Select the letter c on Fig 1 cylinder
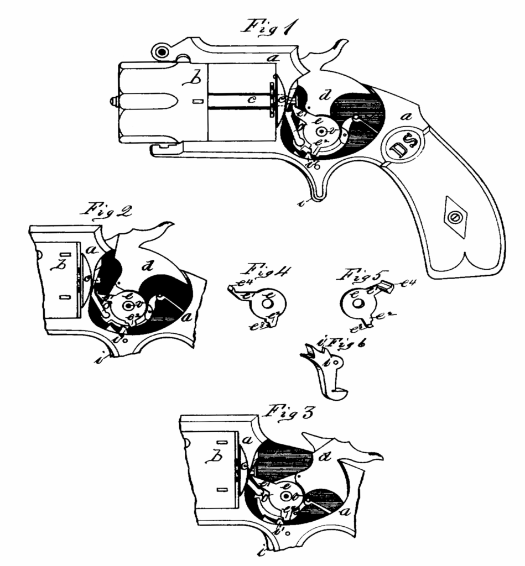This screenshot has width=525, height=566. [251, 99]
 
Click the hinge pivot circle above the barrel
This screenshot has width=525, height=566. [162, 52]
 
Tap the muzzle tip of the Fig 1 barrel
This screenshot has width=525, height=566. [113, 101]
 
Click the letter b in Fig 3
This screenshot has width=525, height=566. [212, 458]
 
